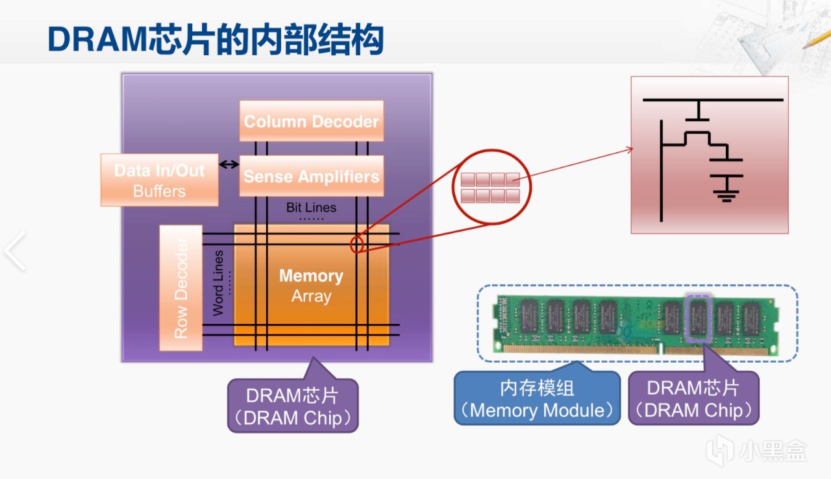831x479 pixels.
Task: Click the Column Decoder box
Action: tap(311, 121)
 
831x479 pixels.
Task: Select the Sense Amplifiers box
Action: tap(311, 176)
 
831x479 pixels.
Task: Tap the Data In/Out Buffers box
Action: tap(160, 180)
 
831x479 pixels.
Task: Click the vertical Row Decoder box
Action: tap(181, 288)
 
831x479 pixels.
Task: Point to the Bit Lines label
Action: tap(311, 208)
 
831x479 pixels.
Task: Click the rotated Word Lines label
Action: tap(218, 283)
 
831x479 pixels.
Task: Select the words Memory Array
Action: tap(311, 286)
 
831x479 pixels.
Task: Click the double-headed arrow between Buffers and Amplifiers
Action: tap(229, 164)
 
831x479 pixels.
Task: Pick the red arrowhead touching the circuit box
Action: tap(630, 149)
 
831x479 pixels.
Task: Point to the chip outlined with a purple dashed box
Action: tap(698, 319)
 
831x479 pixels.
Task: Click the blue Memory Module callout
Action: tap(537, 398)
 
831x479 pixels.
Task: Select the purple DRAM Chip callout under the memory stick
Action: tap(693, 398)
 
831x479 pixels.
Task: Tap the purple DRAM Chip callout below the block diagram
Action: tap(293, 406)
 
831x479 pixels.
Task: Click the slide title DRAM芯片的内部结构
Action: tap(216, 40)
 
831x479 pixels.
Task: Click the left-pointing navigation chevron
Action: tap(16, 251)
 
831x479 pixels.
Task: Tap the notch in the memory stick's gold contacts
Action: tap(661, 349)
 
